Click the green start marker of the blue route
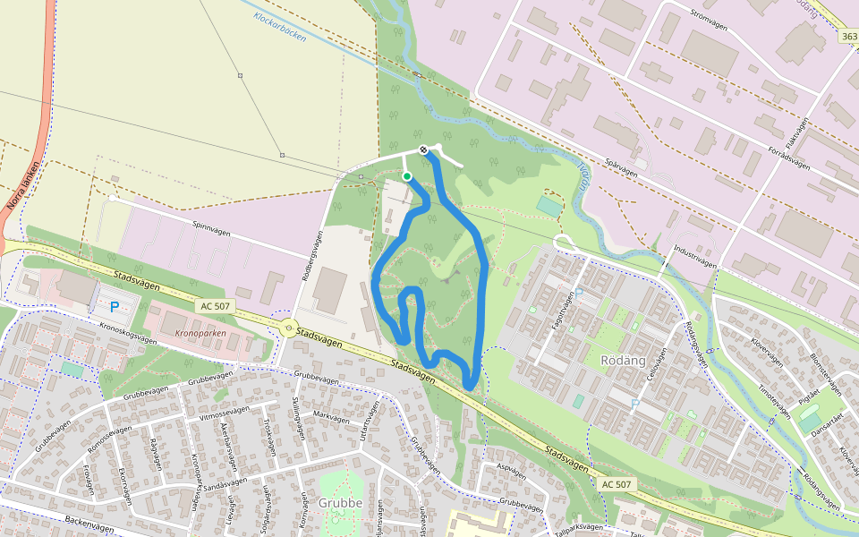point(407,176)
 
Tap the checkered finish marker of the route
point(422,150)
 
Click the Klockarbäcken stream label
point(280,28)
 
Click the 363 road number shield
point(850,37)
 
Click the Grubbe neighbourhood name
point(340,503)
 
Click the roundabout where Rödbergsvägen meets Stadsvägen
point(288,328)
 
